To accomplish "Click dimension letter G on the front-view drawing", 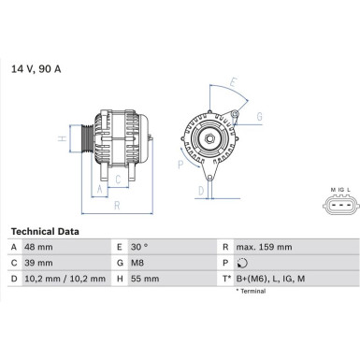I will pos(258,116).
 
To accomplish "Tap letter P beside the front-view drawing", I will pos(180,165).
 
